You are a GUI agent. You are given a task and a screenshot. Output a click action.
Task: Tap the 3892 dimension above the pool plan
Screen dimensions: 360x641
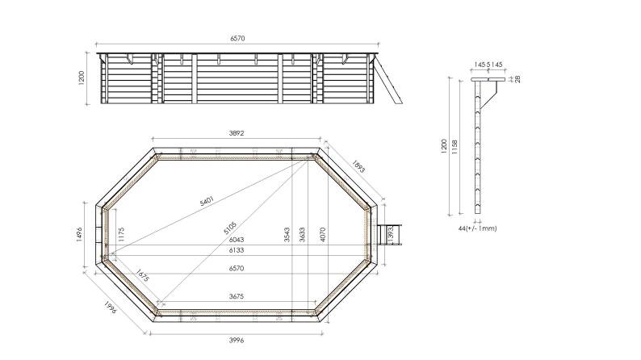tap(237, 134)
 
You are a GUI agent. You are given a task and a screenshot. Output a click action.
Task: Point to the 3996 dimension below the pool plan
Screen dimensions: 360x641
tap(236, 340)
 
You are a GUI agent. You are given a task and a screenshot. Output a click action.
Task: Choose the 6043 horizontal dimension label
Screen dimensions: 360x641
tap(237, 240)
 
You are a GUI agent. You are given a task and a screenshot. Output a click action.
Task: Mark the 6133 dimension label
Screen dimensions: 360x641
tap(237, 251)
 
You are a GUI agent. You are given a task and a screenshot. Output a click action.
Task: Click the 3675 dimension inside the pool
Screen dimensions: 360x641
tap(237, 297)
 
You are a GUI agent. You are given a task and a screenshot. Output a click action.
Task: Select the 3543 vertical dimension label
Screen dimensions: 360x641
tap(286, 235)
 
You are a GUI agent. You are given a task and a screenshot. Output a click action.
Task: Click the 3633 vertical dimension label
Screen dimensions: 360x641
tap(303, 235)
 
